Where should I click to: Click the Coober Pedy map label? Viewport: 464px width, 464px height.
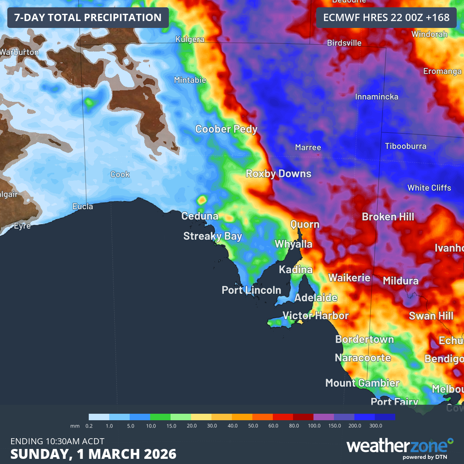(x=226, y=129)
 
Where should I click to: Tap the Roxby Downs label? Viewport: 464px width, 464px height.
(x=278, y=174)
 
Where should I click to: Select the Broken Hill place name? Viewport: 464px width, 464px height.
(x=388, y=217)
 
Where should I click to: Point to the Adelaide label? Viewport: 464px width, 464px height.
(x=316, y=298)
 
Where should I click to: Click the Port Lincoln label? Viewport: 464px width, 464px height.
(x=251, y=290)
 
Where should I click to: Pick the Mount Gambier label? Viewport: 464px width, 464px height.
(x=362, y=383)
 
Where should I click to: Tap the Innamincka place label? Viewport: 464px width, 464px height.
(x=376, y=97)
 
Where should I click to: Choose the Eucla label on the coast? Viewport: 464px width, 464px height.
(x=82, y=207)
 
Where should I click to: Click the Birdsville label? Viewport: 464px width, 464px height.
(x=344, y=43)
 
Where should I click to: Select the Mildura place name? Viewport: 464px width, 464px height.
(x=400, y=281)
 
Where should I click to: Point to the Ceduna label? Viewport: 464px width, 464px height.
(x=200, y=216)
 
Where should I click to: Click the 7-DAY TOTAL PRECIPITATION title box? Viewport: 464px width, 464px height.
(x=88, y=18)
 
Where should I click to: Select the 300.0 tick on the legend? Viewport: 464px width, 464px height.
(x=375, y=426)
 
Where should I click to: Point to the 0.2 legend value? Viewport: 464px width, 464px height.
(x=89, y=426)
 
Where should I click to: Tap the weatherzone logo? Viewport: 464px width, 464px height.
(x=400, y=447)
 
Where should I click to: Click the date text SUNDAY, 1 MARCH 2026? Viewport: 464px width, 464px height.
(x=93, y=454)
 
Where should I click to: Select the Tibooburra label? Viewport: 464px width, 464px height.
(x=406, y=146)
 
